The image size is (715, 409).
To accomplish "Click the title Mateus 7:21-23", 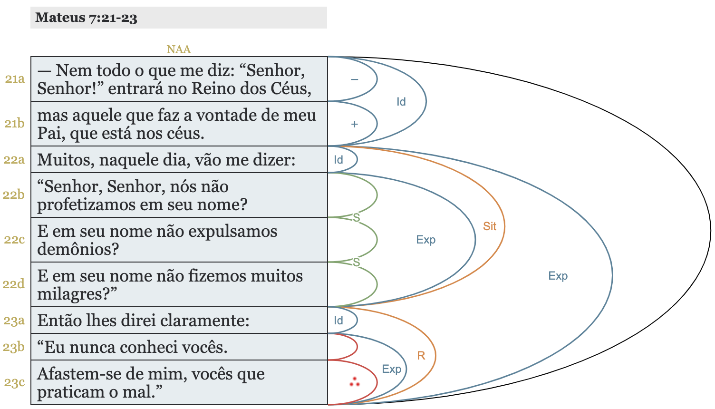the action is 86,18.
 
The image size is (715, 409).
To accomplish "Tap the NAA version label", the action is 178,49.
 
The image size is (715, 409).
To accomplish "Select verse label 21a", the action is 15,79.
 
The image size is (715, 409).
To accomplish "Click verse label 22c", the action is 14,239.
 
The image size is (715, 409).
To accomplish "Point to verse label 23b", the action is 14,347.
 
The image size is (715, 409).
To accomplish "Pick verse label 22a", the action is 14,160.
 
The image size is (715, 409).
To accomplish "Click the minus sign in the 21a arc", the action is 354,79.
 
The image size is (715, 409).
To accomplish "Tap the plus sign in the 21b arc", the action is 354,124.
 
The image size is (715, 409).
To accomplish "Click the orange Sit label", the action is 490,226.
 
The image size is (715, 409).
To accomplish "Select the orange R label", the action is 421,356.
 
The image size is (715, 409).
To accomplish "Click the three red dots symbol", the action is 354,381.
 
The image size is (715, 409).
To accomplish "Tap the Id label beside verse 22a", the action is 338,160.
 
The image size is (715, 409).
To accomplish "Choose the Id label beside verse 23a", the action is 338,321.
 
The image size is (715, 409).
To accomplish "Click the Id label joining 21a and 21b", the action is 401,102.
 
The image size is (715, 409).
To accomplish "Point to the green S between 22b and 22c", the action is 356,218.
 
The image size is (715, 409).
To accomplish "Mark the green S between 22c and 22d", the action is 356,263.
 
